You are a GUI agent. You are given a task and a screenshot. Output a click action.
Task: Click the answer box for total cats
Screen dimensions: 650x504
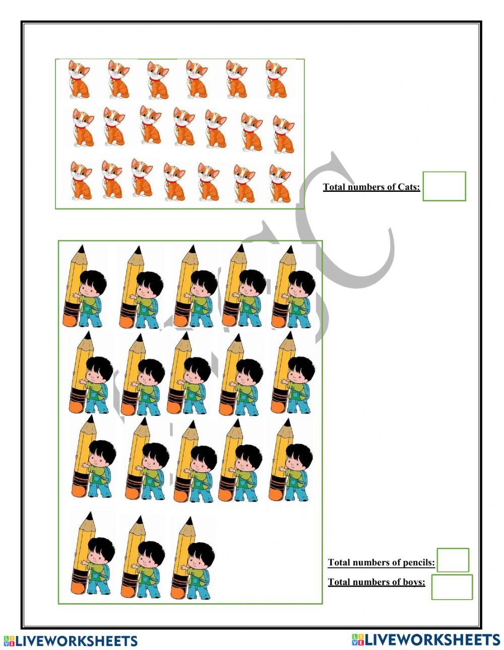pos(444,186)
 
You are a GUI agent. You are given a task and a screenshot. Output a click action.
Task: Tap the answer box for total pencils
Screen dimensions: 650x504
pos(453,560)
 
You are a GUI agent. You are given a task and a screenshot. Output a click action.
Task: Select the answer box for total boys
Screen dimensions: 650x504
pos(452,587)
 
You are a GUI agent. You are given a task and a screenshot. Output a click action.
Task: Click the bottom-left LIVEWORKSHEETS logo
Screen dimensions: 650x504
pos(71,640)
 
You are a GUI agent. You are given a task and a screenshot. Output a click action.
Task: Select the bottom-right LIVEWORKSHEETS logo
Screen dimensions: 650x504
pos(426,639)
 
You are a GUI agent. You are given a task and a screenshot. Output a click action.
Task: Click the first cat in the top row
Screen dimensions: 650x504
pos(80,79)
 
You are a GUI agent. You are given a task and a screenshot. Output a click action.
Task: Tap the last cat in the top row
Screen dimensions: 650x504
pos(277,79)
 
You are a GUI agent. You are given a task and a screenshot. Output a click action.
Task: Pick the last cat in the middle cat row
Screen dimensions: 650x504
pos(284,134)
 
